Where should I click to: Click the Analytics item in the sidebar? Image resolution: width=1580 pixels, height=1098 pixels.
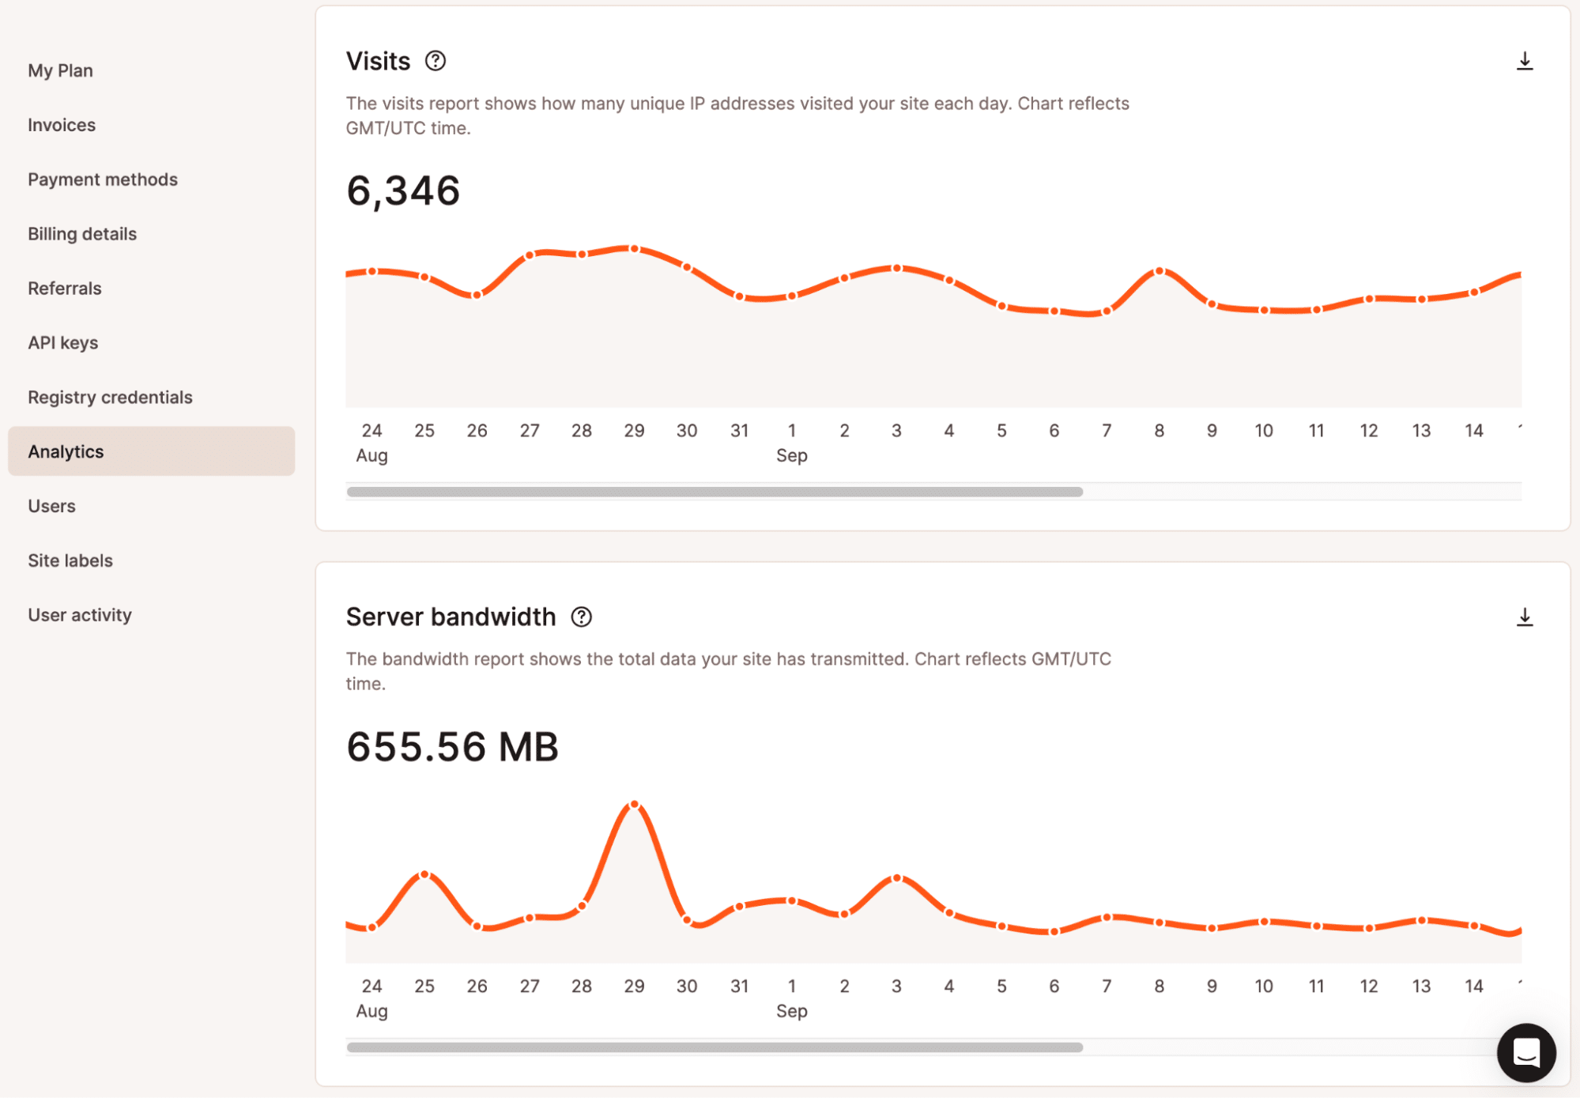click(66, 451)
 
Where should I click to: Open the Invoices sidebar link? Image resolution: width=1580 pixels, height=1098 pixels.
click(62, 125)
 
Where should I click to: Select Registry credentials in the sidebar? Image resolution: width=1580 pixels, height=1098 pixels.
click(110, 397)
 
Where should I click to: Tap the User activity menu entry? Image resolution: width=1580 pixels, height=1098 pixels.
click(80, 615)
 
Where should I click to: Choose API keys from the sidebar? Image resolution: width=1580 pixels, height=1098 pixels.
click(63, 342)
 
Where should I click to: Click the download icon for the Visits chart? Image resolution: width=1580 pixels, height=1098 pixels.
click(1525, 62)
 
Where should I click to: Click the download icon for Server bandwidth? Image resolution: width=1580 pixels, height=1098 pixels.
click(1525, 617)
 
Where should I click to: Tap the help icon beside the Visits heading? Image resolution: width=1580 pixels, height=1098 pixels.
click(436, 61)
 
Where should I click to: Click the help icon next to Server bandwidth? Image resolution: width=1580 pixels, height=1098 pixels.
click(582, 617)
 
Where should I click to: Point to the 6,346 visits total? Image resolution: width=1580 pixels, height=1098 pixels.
click(403, 191)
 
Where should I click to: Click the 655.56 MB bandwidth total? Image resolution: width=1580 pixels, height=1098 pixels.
click(452, 746)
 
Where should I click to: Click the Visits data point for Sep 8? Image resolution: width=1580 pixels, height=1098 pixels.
click(1160, 271)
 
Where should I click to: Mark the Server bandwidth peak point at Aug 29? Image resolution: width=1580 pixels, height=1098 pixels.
click(634, 805)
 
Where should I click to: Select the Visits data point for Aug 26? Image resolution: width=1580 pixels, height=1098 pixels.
click(477, 295)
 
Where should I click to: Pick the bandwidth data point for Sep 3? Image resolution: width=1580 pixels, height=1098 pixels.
click(897, 878)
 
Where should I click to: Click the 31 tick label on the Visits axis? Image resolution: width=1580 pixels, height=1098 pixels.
click(739, 431)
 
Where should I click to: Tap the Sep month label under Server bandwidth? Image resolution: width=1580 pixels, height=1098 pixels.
click(791, 1011)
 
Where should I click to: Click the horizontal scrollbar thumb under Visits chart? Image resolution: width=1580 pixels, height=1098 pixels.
click(715, 492)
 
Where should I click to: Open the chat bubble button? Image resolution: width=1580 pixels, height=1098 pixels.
click(1526, 1052)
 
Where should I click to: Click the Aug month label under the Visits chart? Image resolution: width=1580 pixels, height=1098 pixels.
click(371, 455)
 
